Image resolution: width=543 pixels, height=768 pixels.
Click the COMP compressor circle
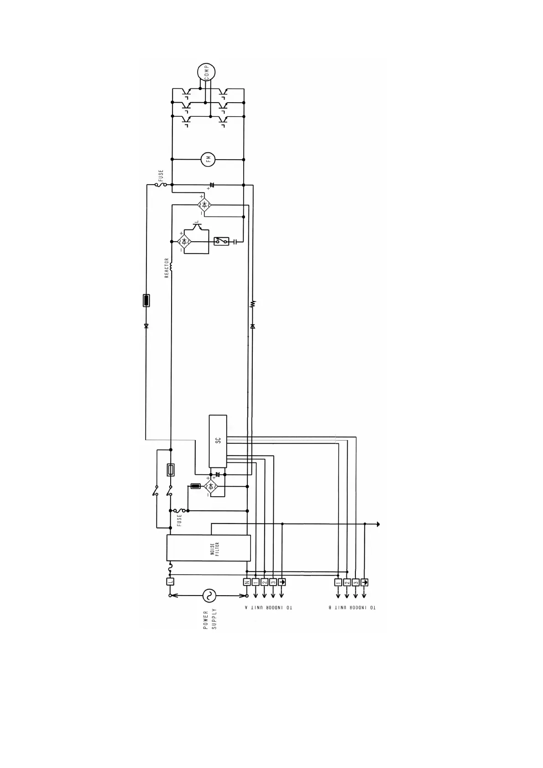click(206, 72)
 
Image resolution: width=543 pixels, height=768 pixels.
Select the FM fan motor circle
click(208, 159)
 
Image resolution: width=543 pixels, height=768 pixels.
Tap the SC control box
click(218, 441)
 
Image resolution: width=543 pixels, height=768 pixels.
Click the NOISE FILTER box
click(209, 548)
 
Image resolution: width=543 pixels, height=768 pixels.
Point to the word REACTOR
click(167, 268)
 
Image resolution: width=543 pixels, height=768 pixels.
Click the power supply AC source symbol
click(209, 595)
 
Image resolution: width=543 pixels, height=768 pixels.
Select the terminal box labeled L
click(170, 581)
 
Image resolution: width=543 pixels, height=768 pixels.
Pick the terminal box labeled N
click(247, 582)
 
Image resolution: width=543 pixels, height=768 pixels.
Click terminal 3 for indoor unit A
click(273, 582)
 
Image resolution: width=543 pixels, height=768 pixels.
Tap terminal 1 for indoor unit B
click(338, 582)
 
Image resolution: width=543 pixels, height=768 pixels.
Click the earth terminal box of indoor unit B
click(364, 582)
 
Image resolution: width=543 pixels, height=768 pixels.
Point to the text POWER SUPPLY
click(210, 620)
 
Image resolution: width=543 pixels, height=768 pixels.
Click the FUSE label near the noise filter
click(179, 519)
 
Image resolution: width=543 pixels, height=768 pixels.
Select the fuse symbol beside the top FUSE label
click(162, 185)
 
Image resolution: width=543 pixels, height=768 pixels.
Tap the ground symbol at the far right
click(378, 524)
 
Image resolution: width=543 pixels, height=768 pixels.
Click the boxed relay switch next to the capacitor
click(222, 241)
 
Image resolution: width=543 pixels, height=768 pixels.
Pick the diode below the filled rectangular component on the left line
click(146, 326)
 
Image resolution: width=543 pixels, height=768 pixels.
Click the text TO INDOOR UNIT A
click(269, 607)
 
